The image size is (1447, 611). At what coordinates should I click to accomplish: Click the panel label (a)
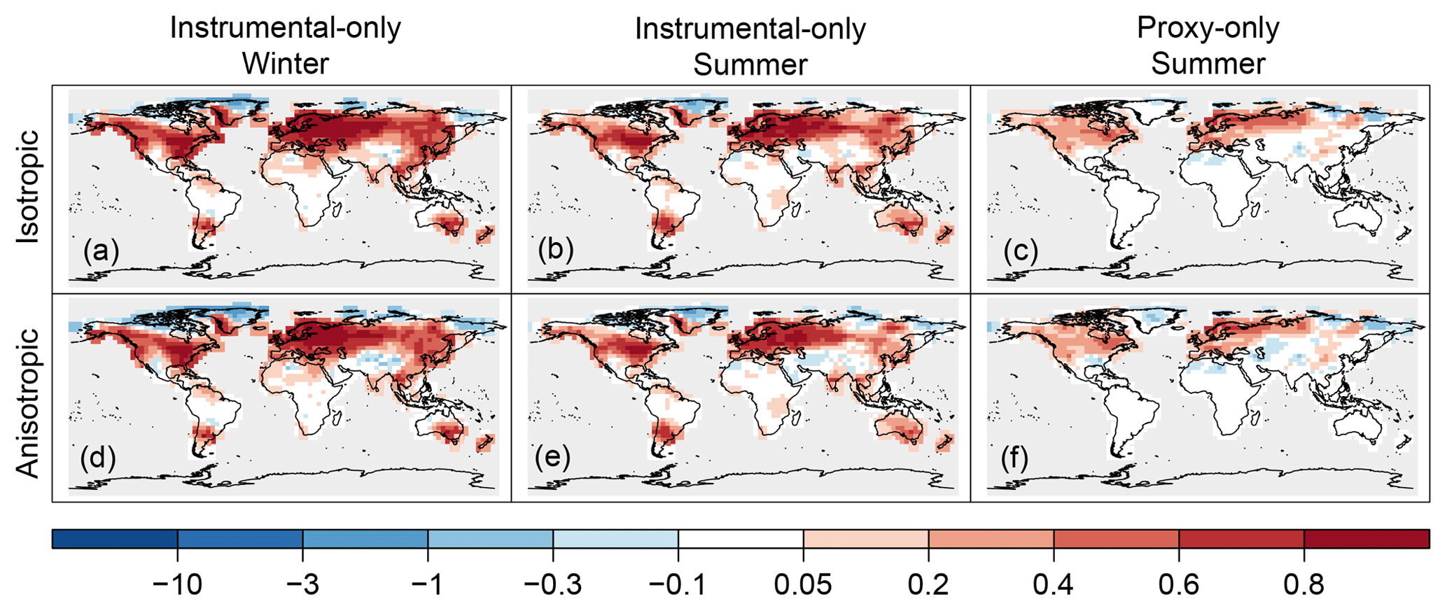coord(101,251)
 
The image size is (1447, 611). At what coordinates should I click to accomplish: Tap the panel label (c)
coord(1019,251)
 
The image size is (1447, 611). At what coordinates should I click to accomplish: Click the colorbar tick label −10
coord(178,583)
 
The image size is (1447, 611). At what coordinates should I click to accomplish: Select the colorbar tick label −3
coord(302,583)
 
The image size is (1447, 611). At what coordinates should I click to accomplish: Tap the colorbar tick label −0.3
coord(553,583)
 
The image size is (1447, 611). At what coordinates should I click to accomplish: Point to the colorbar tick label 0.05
coord(803,583)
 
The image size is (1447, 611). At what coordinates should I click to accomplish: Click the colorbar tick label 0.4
coord(1054,583)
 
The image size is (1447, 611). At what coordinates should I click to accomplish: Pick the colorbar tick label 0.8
coord(1303,583)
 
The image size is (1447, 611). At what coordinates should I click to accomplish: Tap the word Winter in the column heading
coord(285,64)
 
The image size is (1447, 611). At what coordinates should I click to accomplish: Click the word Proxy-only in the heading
coord(1208,28)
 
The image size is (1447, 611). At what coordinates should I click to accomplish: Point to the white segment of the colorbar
coord(741,539)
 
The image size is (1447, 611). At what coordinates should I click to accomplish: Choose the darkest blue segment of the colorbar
coord(115,539)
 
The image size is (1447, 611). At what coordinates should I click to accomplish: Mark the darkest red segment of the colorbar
coord(1366,539)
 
